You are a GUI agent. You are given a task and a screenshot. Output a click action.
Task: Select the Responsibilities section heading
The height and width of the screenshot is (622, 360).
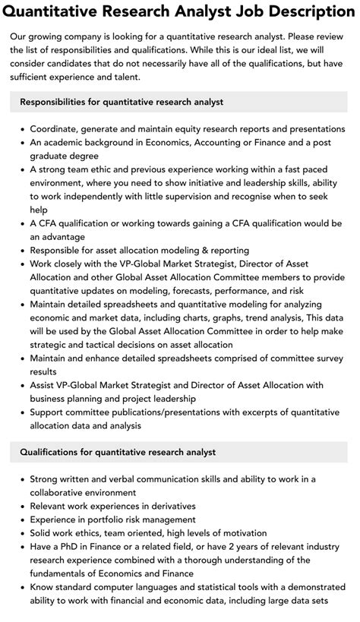click(122, 101)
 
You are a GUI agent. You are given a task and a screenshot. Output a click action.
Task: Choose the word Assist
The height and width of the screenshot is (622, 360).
click(45, 386)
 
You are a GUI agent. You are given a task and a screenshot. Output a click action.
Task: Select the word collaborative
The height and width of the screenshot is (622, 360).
click(65, 493)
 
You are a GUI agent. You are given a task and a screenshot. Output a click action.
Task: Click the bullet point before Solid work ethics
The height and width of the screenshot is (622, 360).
click(21, 533)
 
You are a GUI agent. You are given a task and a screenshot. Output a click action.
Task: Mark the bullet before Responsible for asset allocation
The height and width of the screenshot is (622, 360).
click(21, 250)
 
